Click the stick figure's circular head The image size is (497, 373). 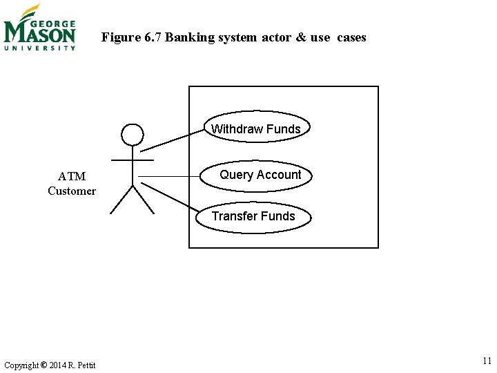(132, 135)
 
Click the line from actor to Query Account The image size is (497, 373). (169, 177)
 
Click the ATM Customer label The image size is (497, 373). (72, 184)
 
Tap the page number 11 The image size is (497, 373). (487, 361)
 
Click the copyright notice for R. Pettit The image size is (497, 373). (50, 365)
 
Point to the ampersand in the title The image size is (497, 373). (300, 37)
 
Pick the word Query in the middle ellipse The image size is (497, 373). (236, 175)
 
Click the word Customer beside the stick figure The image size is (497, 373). (72, 191)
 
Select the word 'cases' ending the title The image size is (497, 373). (352, 37)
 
